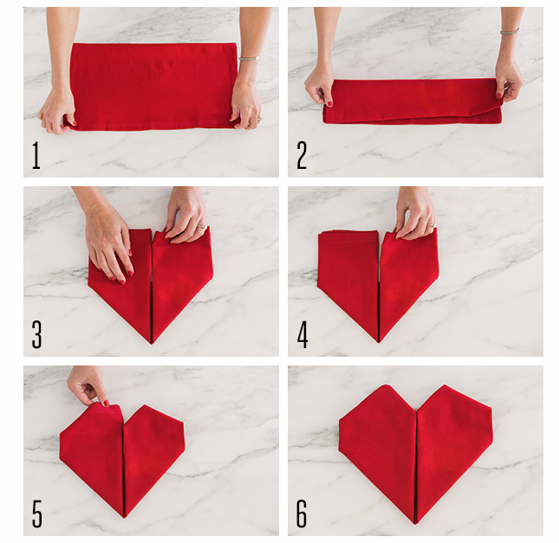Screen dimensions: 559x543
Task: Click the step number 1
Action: tap(36, 155)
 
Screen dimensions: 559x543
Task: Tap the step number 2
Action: tap(302, 155)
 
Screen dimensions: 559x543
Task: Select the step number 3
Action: tap(36, 334)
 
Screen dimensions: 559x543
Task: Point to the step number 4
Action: tap(302, 334)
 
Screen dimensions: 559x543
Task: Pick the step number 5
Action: tap(37, 514)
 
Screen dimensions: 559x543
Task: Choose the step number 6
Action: tap(302, 514)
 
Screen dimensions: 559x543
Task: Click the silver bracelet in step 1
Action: tap(250, 58)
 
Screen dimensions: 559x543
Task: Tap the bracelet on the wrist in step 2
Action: tap(510, 32)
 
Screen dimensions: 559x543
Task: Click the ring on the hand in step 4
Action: tap(432, 225)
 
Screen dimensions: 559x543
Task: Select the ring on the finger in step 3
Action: tap(202, 226)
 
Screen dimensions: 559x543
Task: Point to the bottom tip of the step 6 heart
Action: tap(416, 523)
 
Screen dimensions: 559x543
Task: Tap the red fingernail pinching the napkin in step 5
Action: tap(106, 403)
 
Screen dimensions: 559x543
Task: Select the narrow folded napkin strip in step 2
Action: tap(413, 101)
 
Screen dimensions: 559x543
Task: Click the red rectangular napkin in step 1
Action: tap(153, 87)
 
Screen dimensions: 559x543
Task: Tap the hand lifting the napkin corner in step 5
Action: tap(88, 386)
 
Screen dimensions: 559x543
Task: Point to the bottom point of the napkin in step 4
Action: tap(379, 342)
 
